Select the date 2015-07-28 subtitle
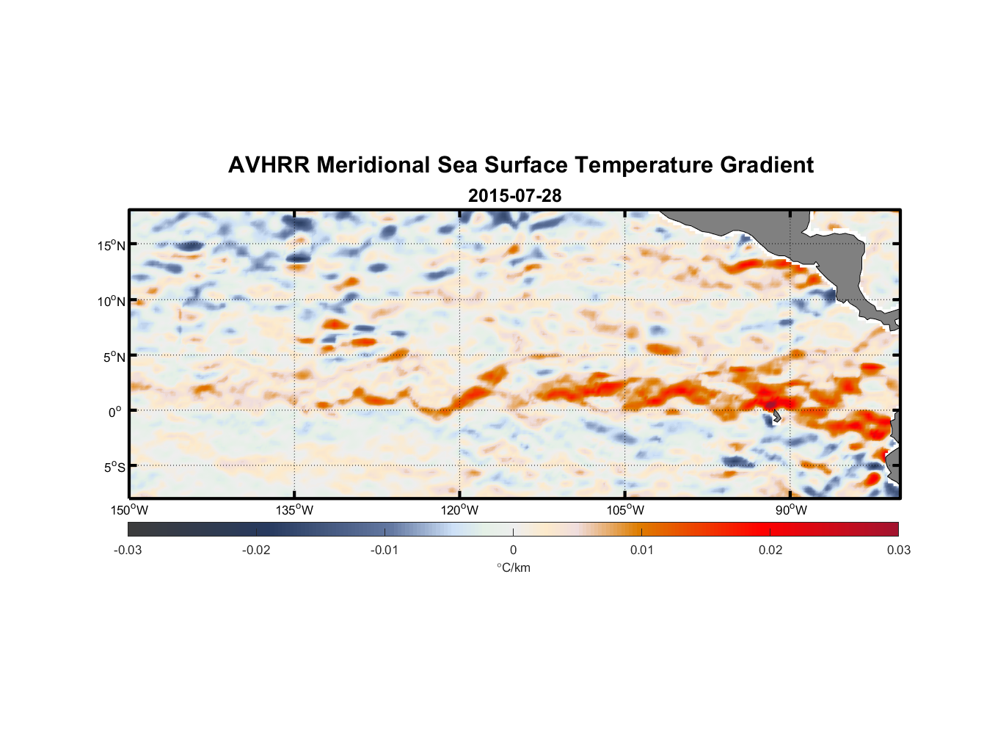[514, 196]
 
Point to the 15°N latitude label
[111, 245]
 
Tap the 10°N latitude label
[111, 301]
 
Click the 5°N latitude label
[113, 357]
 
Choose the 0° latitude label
[115, 412]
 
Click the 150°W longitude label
[129, 510]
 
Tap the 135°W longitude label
[294, 510]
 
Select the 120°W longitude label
[459, 510]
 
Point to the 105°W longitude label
[625, 510]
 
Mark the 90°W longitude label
[791, 510]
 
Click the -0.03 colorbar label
[128, 550]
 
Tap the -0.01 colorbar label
[384, 550]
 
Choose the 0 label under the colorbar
[513, 550]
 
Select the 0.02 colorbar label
[770, 550]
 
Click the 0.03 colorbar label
[898, 550]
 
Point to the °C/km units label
[513, 567]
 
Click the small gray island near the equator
[776, 417]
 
